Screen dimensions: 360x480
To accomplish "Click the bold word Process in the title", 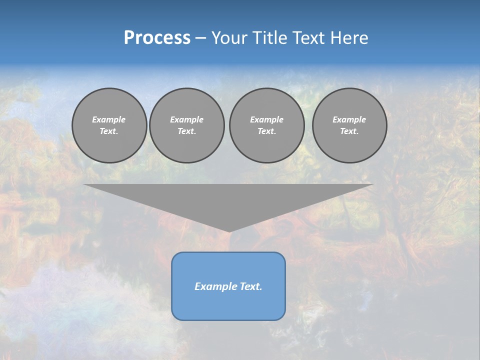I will coord(157,38).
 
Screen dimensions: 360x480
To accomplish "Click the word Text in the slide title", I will coord(308,38).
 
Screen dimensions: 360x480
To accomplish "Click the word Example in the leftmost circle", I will coord(109,119).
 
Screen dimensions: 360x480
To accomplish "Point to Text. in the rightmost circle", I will coord(349,131).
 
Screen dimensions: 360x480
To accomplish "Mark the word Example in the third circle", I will coord(266,119).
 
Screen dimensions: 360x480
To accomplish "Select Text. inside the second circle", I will coord(186,131).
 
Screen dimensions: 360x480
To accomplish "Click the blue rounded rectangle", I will coord(228,305).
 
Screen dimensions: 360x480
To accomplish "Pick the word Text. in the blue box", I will coord(250,286).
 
